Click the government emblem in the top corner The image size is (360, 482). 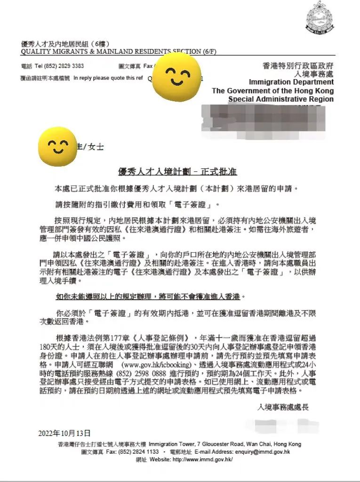pos(321,17)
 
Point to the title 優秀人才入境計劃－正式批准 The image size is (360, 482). pos(180,172)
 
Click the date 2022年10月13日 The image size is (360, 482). pos(64,434)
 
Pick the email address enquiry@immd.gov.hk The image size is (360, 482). pos(264,452)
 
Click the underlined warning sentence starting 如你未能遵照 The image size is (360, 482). pos(151,297)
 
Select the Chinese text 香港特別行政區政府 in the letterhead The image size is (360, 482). pos(298,66)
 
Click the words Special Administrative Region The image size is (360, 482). pos(281,99)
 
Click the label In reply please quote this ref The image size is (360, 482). pos(108,78)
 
